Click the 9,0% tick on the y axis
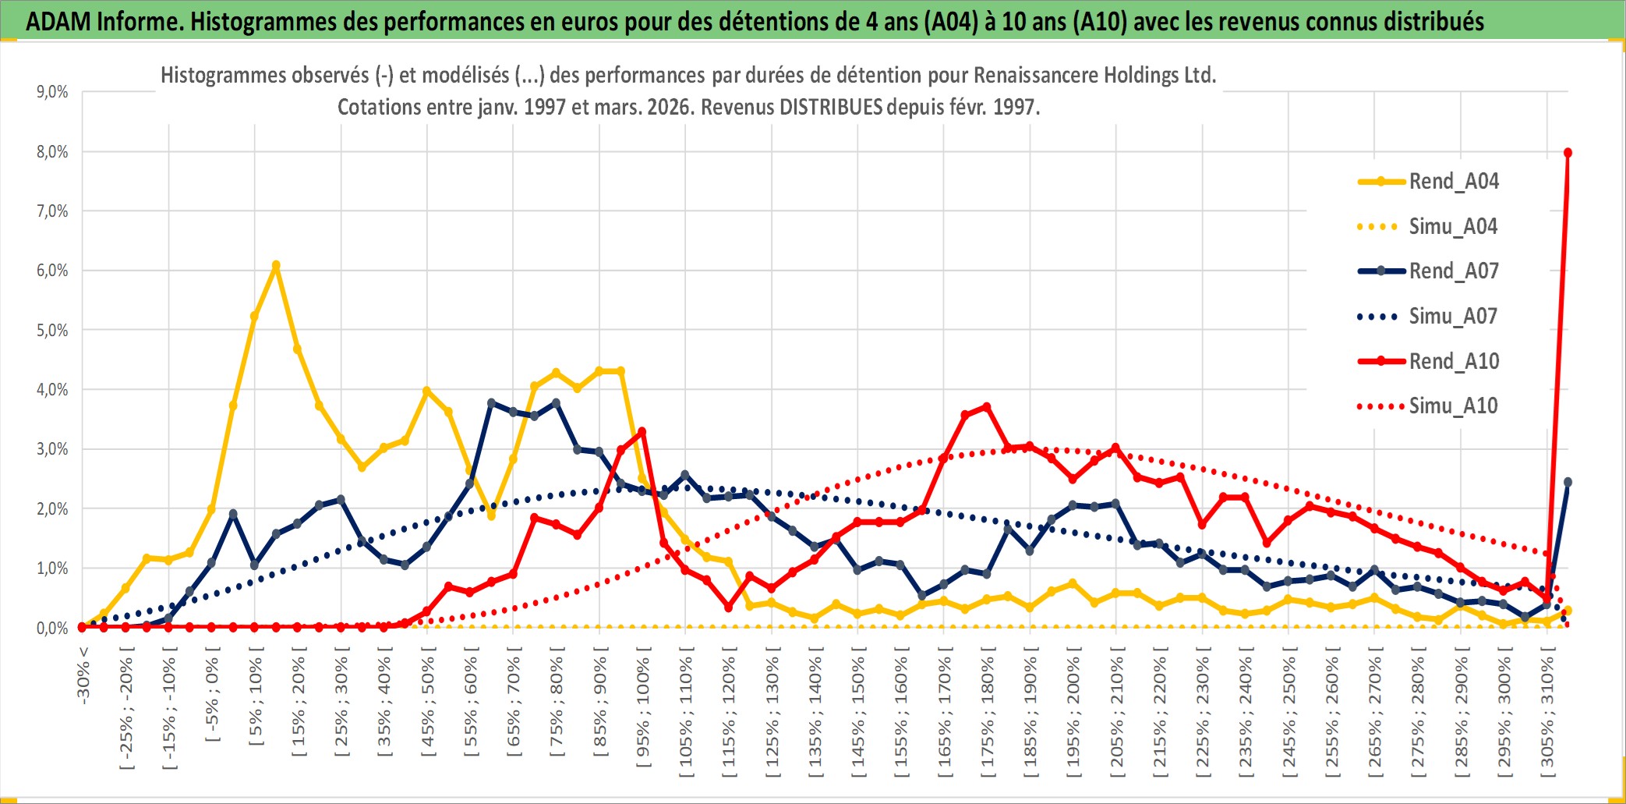tap(52, 92)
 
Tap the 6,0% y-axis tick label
tap(52, 271)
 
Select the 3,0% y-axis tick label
tap(52, 449)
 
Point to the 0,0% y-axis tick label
tap(52, 628)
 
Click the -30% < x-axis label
tap(83, 675)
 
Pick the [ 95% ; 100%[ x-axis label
tap(643, 714)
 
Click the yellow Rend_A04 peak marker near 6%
tap(276, 266)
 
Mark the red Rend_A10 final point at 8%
tap(1568, 153)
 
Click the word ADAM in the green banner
tap(58, 22)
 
